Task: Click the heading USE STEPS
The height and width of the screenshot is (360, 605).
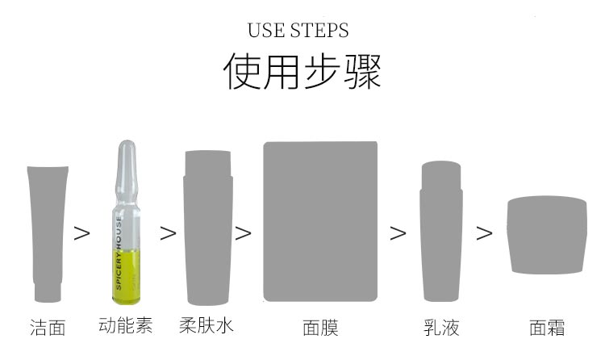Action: tap(298, 31)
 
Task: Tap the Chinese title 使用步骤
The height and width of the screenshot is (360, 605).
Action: tap(302, 72)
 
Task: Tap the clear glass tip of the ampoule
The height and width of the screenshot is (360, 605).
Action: tap(124, 157)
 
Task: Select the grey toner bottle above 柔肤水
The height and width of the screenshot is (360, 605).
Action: tap(208, 230)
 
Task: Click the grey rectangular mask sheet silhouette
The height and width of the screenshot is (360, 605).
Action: tap(320, 222)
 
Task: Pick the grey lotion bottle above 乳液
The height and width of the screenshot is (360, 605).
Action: tap(442, 234)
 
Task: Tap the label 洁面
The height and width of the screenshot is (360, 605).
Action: tap(48, 327)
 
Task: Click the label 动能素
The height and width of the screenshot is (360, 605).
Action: tap(125, 325)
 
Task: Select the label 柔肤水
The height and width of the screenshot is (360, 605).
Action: tap(207, 325)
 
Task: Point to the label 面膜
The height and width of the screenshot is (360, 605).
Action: tap(320, 327)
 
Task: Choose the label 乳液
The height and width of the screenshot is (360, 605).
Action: tap(441, 327)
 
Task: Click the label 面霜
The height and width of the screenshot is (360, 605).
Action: tap(546, 327)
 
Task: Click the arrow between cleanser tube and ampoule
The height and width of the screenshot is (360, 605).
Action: tap(82, 233)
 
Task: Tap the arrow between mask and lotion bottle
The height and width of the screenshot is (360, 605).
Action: tap(398, 233)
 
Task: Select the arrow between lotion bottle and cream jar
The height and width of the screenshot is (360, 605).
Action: tap(484, 233)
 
